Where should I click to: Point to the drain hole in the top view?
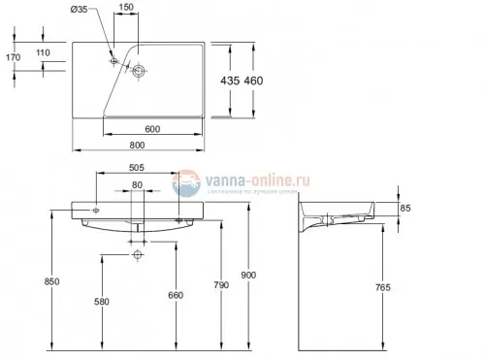point(140,71)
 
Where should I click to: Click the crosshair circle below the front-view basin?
point(138,257)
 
